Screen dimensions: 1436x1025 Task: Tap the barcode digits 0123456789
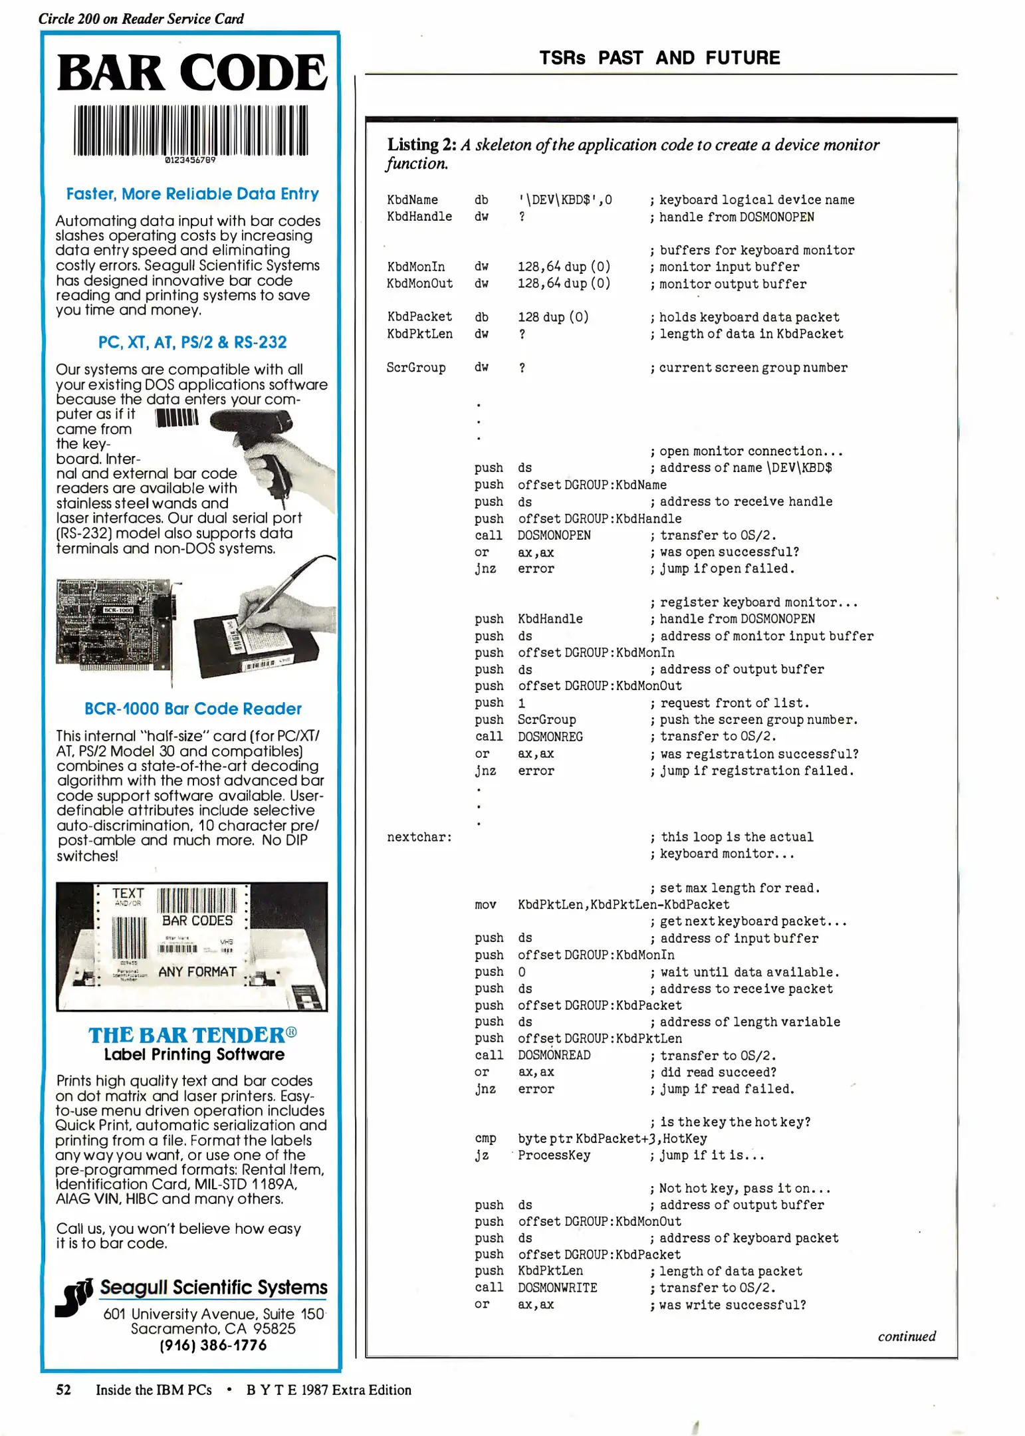tap(190, 160)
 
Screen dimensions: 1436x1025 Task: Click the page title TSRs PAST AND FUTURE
tap(659, 58)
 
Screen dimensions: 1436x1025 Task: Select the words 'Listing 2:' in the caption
tap(421, 145)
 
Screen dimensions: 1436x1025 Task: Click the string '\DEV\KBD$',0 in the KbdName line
tap(565, 199)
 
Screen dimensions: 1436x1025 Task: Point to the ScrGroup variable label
tap(416, 368)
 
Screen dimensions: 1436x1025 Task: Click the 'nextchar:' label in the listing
tap(419, 837)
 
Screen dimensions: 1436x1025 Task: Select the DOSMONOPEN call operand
tap(554, 535)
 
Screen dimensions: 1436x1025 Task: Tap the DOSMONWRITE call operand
tap(557, 1288)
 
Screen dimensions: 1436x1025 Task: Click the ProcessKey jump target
tap(554, 1155)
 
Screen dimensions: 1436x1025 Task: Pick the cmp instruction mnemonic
tap(485, 1138)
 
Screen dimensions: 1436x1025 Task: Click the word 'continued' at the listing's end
tap(906, 1336)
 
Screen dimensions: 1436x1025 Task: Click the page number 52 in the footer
tap(64, 1390)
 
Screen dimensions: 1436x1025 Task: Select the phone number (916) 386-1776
tap(213, 1345)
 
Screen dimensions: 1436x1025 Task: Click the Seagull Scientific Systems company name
tap(213, 1288)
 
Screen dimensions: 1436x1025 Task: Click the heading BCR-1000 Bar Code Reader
tap(193, 709)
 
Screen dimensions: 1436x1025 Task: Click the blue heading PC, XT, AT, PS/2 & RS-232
tap(192, 342)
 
